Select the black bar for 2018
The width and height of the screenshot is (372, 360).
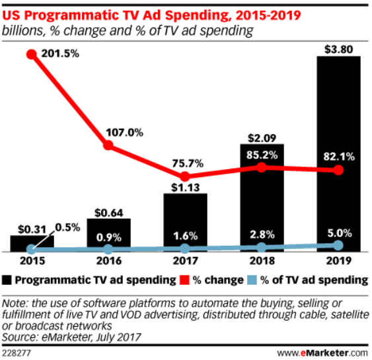(262, 198)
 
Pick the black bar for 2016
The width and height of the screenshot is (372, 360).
(108, 235)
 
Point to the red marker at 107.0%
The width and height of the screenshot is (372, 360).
(108, 145)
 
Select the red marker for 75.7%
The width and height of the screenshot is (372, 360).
(185, 176)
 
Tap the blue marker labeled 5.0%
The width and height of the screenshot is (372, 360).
(339, 245)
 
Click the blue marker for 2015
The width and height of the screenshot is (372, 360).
(31, 250)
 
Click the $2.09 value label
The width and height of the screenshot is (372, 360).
(262, 136)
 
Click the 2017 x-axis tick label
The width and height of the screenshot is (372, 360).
(185, 262)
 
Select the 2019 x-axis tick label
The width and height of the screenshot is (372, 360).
(339, 262)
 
